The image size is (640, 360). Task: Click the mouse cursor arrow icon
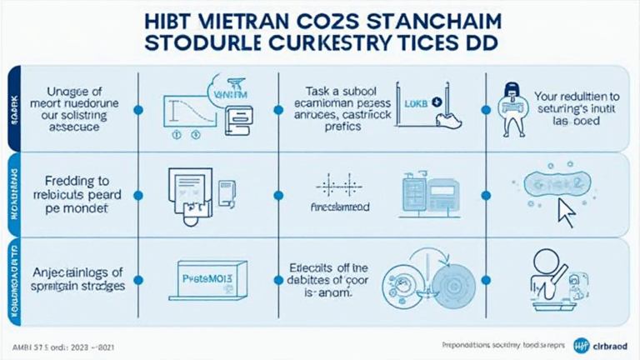(x=567, y=214)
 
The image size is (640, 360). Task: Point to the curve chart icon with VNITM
(x=200, y=109)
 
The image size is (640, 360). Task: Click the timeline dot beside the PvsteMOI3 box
(x=138, y=281)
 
